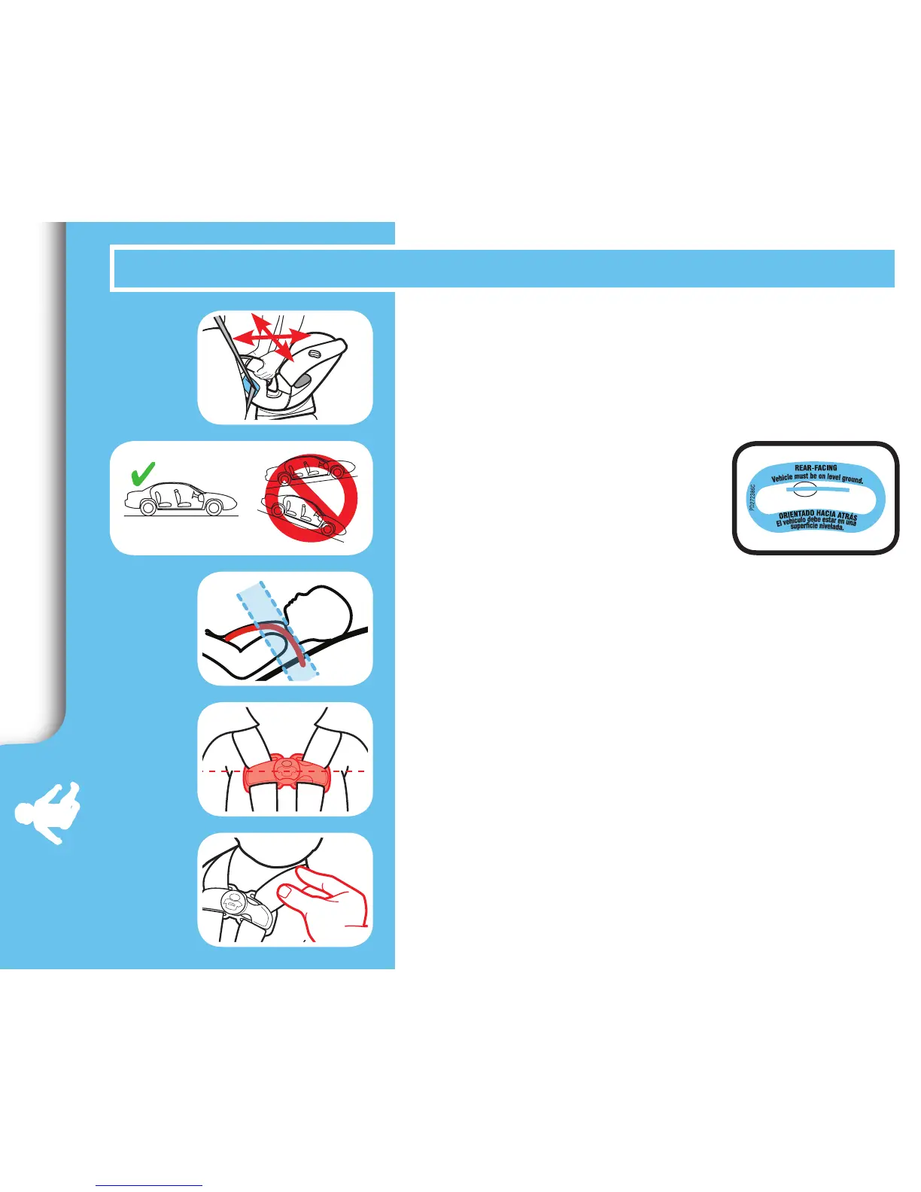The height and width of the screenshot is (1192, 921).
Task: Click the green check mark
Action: click(x=141, y=473)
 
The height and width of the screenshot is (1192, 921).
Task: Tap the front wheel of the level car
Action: click(x=213, y=508)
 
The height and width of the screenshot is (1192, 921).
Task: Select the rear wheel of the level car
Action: click(x=148, y=508)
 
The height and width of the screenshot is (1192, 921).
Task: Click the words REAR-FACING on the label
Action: click(x=816, y=467)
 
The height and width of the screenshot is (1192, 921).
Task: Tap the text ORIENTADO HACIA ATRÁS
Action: click(x=818, y=515)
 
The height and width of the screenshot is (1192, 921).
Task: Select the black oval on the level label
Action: click(x=804, y=489)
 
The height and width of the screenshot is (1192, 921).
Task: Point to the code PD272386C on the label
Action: click(x=752, y=497)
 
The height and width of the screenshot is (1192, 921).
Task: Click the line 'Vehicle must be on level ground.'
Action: click(x=817, y=477)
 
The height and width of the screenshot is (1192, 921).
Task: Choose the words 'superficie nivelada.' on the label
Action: click(x=817, y=527)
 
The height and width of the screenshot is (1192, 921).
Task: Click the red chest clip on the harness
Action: click(x=284, y=771)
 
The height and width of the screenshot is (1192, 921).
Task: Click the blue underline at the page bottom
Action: click(x=149, y=1186)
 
